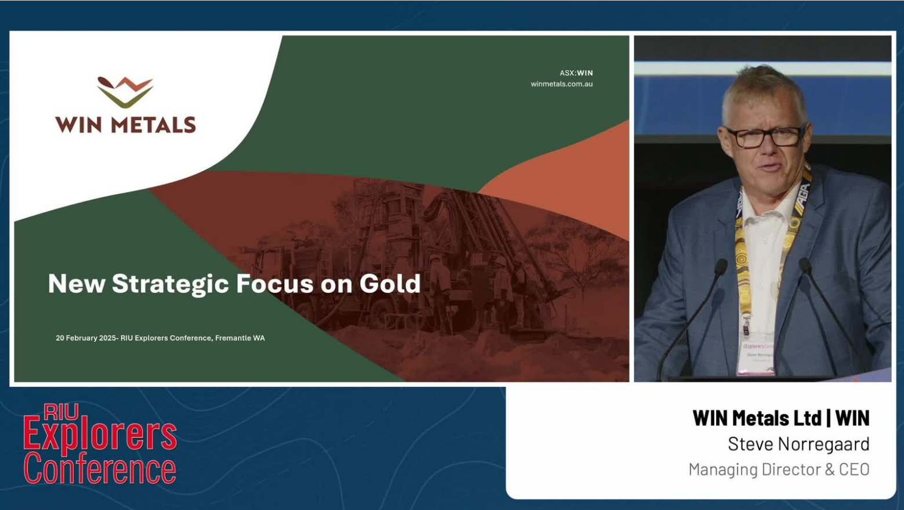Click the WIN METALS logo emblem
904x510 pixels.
[125, 92]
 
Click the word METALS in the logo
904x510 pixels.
[153, 125]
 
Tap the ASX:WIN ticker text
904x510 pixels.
[576, 73]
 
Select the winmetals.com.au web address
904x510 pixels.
[561, 84]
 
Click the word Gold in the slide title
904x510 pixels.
[390, 284]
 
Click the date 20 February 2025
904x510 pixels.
[86, 338]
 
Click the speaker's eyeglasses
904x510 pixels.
[765, 136]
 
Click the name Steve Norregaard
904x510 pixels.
[798, 444]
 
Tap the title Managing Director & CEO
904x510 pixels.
[779, 469]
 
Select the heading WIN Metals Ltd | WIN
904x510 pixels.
[781, 418]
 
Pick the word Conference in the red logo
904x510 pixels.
[100, 468]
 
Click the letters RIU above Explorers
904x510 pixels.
[61, 412]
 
